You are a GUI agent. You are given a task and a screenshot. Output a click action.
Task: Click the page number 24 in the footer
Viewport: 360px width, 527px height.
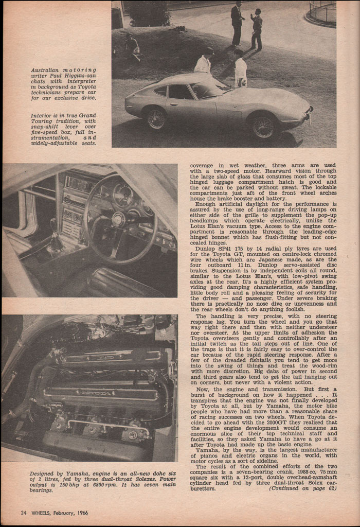24,512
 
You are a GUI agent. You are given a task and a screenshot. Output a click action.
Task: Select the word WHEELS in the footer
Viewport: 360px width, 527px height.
42,512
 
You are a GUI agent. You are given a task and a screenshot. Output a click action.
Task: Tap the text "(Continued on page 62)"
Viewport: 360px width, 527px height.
302,488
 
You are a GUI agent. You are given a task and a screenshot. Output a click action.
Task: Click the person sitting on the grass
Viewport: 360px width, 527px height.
132,47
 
